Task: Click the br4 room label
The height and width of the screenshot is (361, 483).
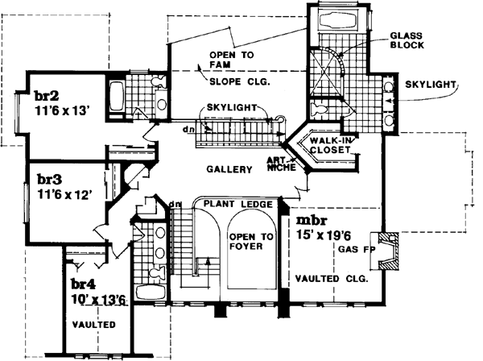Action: click(84, 284)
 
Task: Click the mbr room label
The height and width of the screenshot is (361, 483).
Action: click(312, 220)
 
